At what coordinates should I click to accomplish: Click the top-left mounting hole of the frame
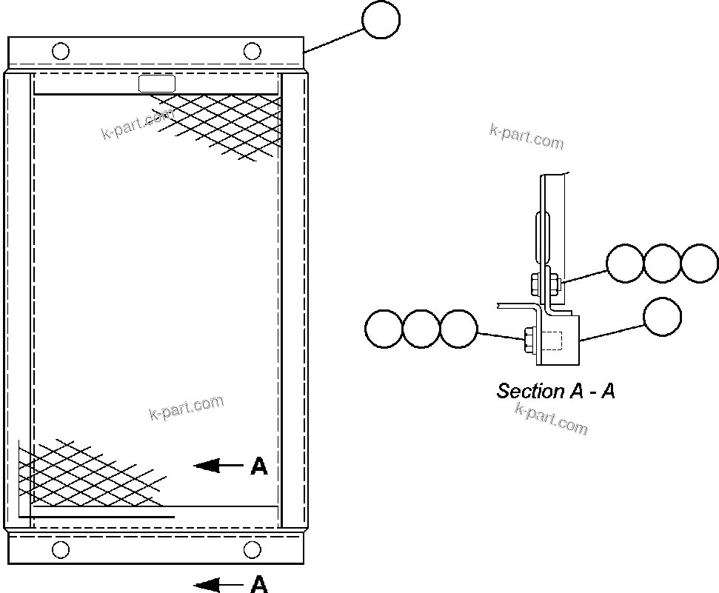(61, 51)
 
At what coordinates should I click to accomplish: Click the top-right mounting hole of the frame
(253, 51)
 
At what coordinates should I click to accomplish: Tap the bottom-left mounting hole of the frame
(61, 549)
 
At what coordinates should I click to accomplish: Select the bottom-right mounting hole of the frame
(253, 549)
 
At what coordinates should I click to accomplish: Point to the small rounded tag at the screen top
(157, 84)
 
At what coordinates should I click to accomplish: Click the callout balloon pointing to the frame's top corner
(381, 19)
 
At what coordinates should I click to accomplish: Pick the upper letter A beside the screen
(259, 466)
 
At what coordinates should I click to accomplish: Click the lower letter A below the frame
(259, 585)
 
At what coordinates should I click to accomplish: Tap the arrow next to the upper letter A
(218, 466)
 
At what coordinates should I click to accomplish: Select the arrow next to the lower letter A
(218, 586)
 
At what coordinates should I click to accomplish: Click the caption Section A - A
(555, 391)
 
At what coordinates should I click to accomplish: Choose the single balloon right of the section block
(662, 316)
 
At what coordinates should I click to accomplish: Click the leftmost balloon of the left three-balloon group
(384, 328)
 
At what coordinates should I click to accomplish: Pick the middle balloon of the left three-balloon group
(421, 328)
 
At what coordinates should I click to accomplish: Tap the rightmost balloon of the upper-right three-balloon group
(699, 264)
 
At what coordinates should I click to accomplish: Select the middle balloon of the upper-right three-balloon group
(662, 264)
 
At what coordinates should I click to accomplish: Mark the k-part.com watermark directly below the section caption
(551, 420)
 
